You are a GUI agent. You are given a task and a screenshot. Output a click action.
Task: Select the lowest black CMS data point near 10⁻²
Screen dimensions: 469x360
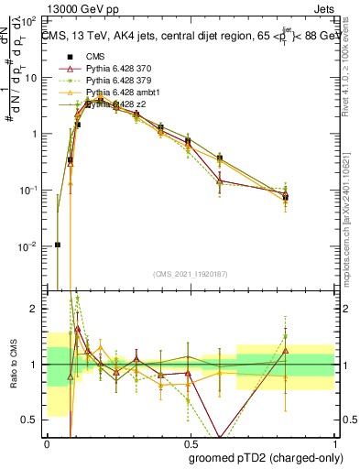(x=58, y=245)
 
